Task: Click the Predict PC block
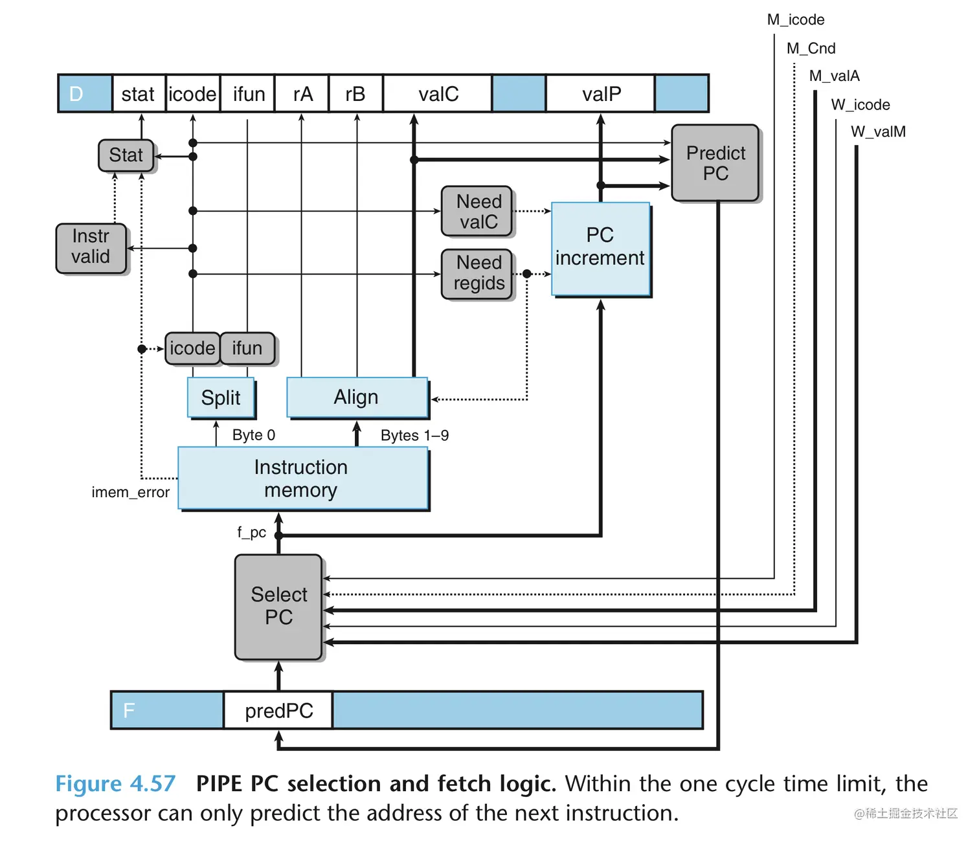715,163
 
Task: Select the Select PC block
278,607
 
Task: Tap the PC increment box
600,249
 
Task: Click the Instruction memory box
302,478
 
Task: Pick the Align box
357,397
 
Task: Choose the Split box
221,398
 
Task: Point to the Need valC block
477,212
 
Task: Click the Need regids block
477,273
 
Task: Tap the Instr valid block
91,247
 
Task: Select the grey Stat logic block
126,155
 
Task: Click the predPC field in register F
278,710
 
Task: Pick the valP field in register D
601,95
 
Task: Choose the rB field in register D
355,95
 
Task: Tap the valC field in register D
438,95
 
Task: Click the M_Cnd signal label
811,49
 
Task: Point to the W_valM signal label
878,132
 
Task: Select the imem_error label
130,493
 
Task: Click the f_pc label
251,532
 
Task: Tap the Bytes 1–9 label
414,436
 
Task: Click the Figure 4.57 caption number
115,784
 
